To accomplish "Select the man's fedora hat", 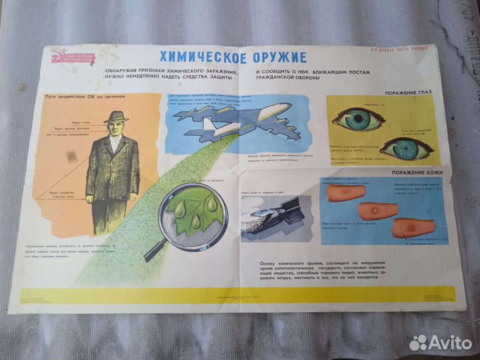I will (x=116, y=117).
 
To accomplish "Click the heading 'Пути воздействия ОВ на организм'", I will (x=85, y=96).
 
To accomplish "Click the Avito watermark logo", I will (x=437, y=342).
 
